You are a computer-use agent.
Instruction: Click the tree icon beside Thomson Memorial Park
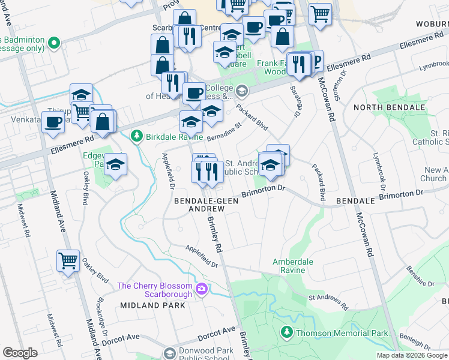288,332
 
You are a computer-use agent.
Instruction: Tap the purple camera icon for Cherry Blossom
202,290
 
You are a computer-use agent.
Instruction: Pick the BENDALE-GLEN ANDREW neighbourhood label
206,205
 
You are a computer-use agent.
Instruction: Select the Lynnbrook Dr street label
433,63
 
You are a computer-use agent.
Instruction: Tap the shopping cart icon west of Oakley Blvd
68,261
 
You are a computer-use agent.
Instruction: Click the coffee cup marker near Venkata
53,121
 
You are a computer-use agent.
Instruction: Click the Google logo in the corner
20,353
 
